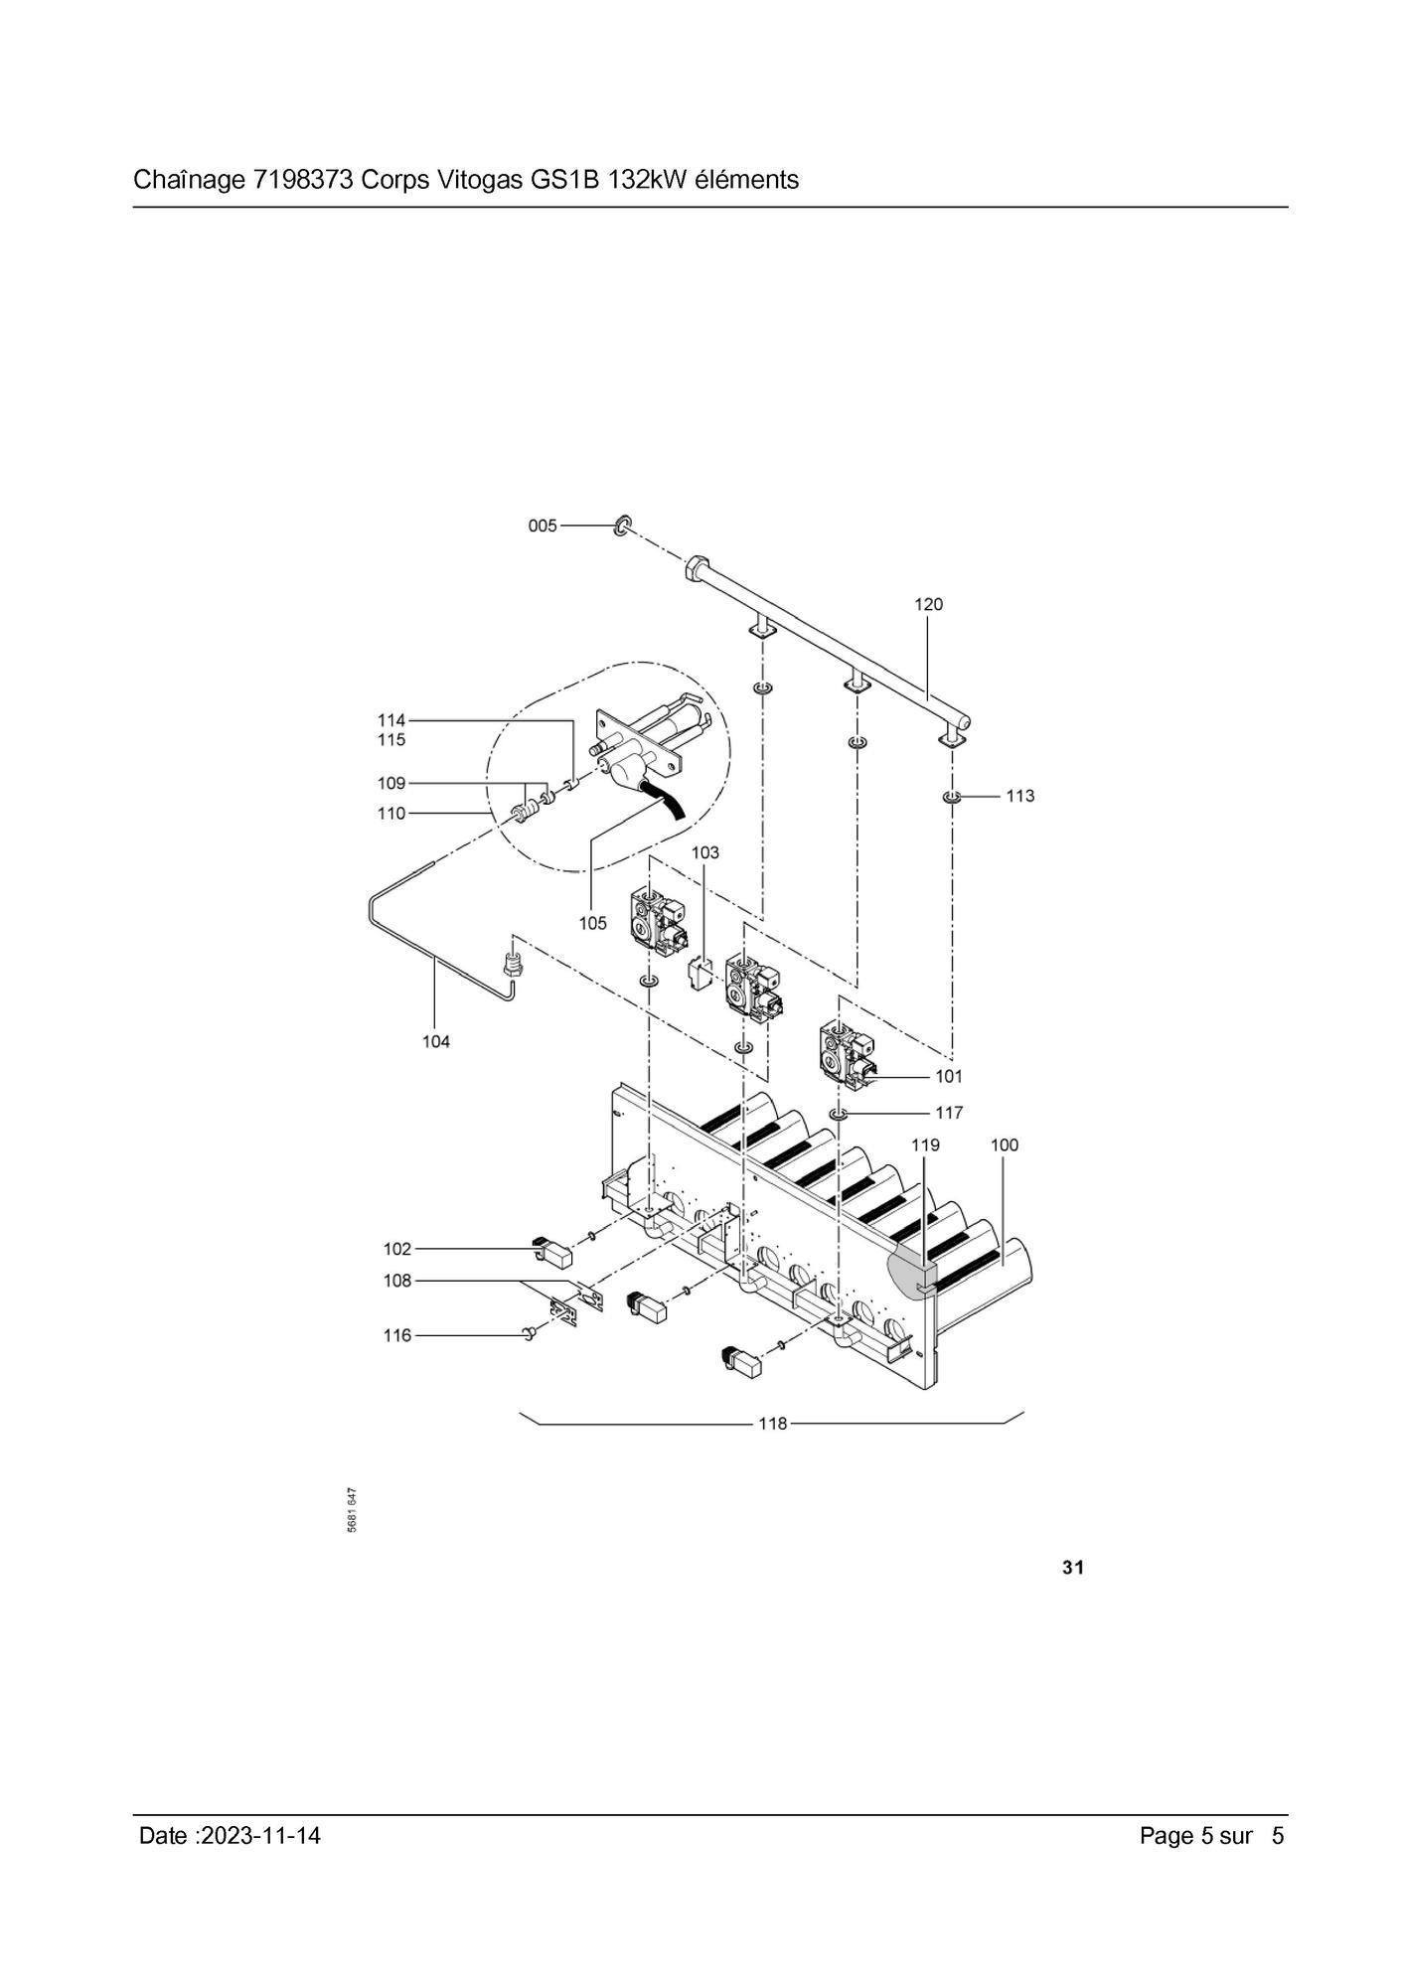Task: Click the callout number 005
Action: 543,526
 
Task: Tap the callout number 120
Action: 928,604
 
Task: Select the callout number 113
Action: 1019,796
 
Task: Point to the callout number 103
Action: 705,852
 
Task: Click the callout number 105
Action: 592,923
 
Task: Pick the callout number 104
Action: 436,1041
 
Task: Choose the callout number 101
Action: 949,1076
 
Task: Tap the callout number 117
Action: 949,1113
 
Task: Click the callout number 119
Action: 925,1144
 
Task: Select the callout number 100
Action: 1005,1144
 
